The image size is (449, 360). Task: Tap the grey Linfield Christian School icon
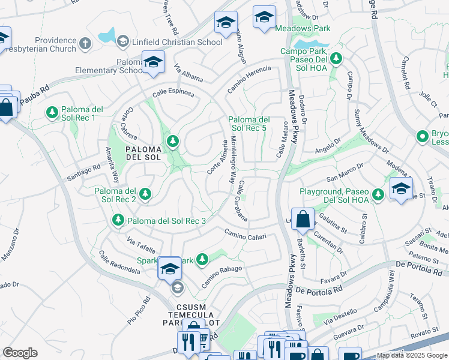[x=122, y=41]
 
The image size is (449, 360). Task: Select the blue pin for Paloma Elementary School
[x=154, y=62]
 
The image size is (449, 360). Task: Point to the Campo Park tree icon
[x=337, y=58]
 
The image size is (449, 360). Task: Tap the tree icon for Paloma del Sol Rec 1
[x=52, y=112]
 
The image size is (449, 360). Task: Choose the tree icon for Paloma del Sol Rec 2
[x=145, y=194]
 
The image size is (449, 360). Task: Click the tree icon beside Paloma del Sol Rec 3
[x=118, y=221]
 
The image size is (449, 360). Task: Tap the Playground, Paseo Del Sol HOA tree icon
[x=378, y=194]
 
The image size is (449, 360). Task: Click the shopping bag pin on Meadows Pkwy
[x=303, y=220]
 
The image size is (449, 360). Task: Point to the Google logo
[x=20, y=353]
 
